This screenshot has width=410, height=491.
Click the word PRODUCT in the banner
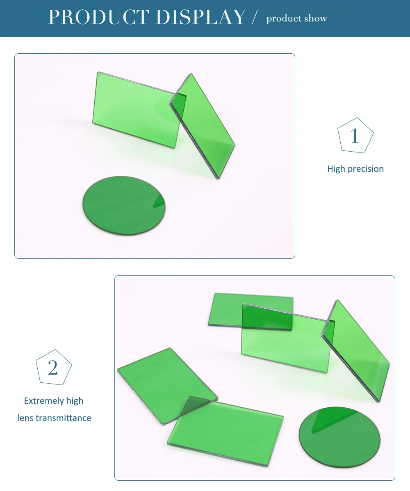(x=98, y=17)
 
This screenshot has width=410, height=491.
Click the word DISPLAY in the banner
(x=200, y=17)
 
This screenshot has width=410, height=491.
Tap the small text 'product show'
(x=296, y=19)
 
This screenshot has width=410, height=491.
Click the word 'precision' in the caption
(x=366, y=169)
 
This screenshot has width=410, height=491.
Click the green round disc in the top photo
(x=124, y=205)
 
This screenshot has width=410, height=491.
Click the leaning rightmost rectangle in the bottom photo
(x=356, y=350)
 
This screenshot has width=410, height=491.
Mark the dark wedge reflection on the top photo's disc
(x=160, y=201)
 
